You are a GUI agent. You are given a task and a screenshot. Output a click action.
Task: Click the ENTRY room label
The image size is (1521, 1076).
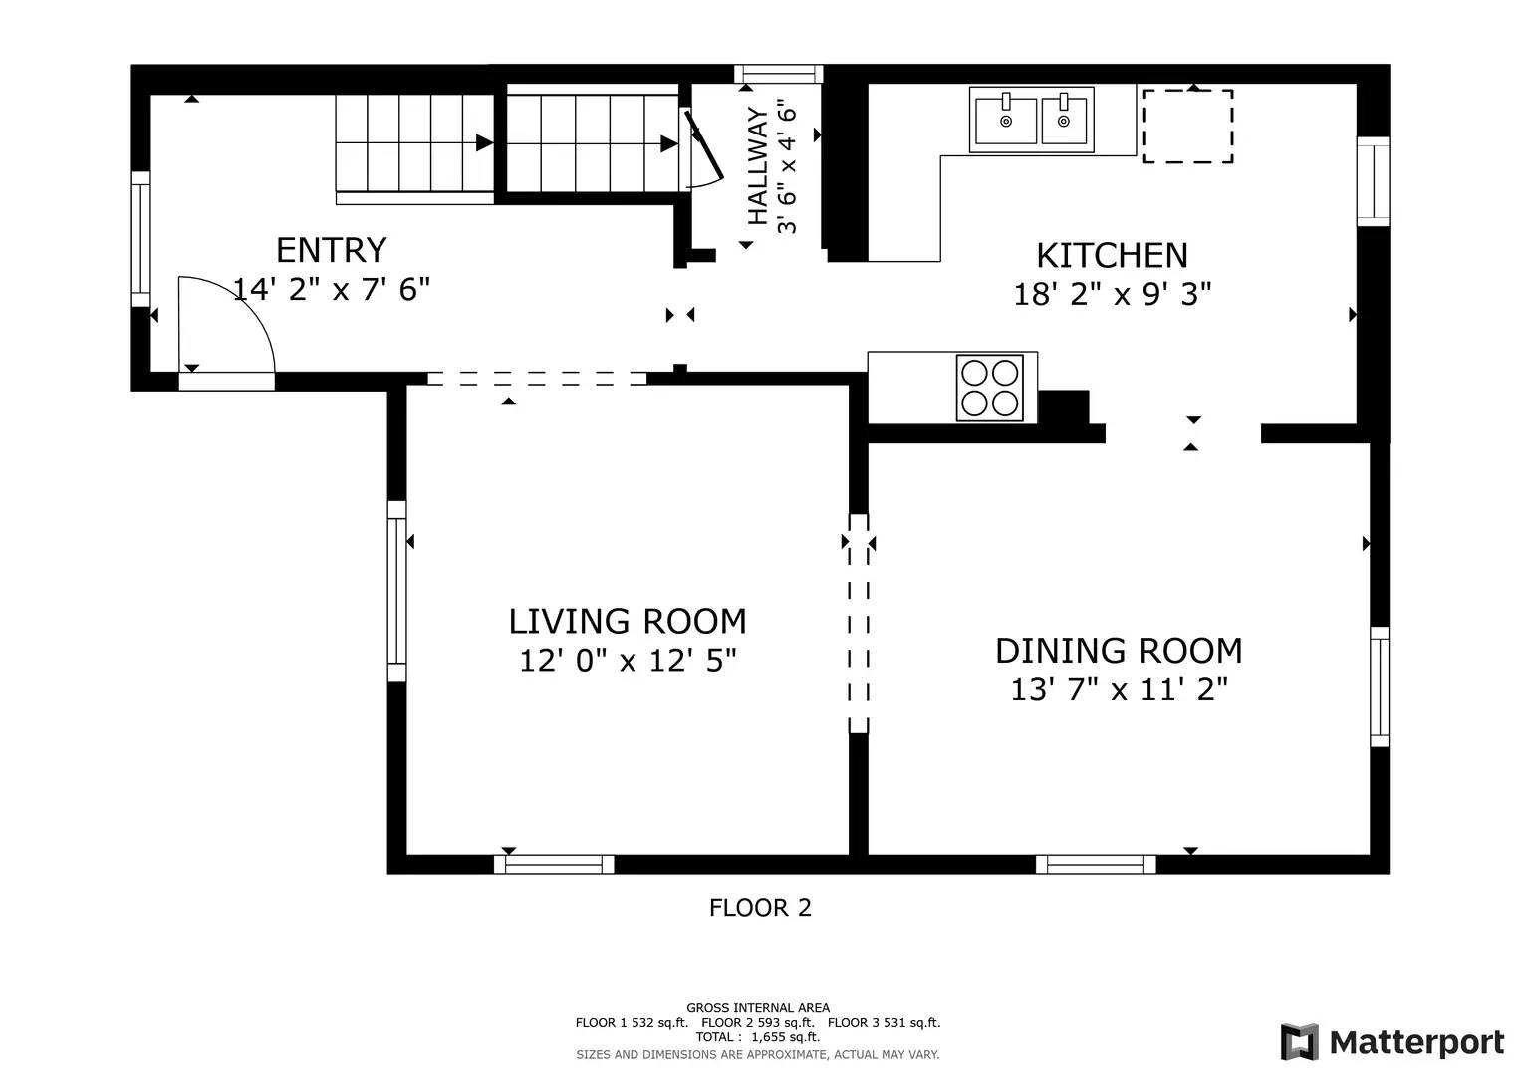pos(331,249)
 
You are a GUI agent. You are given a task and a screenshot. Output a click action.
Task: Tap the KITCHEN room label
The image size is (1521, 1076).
pos(1112,255)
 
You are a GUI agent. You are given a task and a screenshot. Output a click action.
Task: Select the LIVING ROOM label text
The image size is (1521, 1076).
pos(628,621)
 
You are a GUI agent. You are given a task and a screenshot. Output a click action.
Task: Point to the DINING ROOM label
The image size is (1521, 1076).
pos(1119,651)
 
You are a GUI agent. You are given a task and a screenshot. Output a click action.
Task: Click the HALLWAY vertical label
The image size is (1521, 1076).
pos(758,166)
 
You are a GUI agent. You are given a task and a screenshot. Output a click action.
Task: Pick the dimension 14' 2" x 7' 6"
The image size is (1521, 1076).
pos(331,290)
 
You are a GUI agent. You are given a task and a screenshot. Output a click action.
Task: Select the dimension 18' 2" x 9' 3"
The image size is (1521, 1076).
pos(1112,295)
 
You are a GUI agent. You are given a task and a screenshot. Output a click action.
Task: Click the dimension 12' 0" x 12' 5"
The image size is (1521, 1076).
pos(628,661)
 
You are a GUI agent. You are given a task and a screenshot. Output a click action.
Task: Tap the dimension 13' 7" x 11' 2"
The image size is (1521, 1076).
pos(1119,689)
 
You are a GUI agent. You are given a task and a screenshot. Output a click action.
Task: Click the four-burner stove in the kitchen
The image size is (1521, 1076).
pos(989,388)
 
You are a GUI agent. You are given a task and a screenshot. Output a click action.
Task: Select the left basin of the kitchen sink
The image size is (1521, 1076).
pos(1004,120)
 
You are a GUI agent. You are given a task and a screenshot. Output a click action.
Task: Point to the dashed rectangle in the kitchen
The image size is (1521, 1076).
pos(1187,127)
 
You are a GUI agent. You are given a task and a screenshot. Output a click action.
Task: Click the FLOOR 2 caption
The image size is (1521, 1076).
pos(760,908)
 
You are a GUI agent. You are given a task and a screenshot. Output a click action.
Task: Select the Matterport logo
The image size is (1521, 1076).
pos(1392,1042)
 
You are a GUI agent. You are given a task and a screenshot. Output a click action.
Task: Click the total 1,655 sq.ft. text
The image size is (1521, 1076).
pos(757,1037)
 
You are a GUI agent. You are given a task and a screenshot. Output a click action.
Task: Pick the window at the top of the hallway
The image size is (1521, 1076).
pos(778,73)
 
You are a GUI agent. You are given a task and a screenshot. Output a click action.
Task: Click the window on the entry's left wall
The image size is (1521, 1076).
pos(140,239)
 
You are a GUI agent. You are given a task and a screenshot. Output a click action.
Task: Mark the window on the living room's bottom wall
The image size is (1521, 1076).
pos(554,864)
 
